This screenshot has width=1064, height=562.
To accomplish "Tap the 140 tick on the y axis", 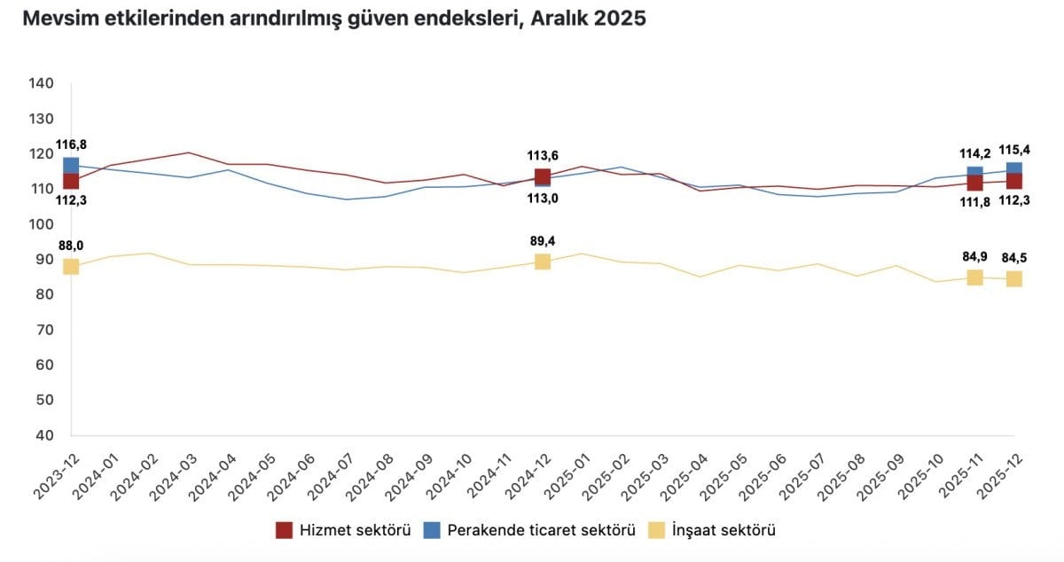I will click(42, 83).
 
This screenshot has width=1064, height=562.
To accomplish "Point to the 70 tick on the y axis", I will click(44, 330).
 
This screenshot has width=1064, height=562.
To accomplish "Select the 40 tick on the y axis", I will click(44, 435).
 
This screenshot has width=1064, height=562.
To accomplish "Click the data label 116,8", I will click(71, 144).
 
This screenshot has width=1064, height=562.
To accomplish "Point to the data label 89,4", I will click(543, 240).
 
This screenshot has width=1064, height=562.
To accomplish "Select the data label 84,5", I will click(1014, 259).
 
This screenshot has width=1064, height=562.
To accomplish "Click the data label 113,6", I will click(543, 156).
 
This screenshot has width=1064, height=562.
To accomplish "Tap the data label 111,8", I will click(974, 200).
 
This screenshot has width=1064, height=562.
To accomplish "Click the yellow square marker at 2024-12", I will click(543, 261).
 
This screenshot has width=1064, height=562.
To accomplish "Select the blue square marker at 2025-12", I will click(1014, 168).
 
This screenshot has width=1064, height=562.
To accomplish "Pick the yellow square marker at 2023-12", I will click(71, 267).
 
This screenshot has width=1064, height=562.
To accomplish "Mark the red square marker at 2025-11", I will click(974, 183).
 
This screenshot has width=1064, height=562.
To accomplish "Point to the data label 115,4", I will click(1014, 149).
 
